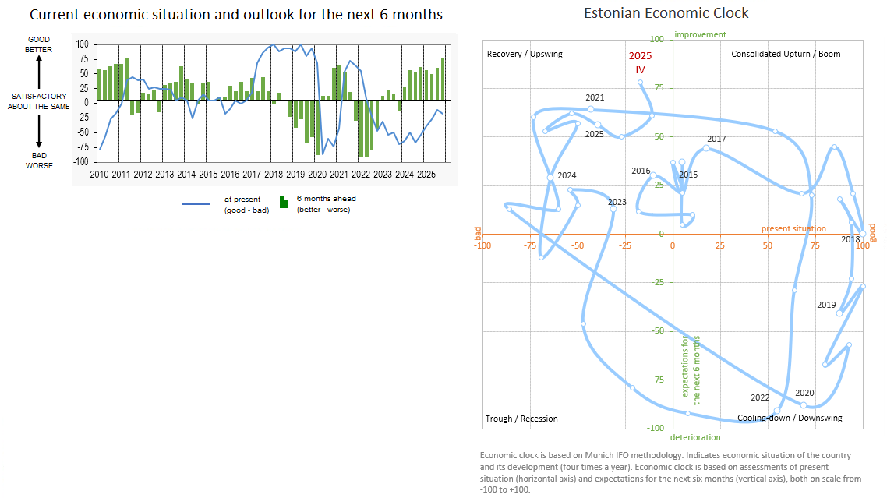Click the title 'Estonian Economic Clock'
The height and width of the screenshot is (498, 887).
[666, 13]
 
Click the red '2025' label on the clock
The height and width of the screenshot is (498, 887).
[640, 56]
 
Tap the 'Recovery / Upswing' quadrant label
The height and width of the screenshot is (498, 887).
[525, 55]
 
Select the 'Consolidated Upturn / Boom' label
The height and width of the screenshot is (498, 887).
[786, 55]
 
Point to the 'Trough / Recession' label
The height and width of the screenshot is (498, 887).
[521, 419]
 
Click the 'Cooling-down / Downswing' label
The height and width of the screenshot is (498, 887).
[790, 419]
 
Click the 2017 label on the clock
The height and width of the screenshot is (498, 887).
[716, 139]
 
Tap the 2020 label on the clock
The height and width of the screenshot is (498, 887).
[804, 393]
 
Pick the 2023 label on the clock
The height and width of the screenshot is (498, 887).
[617, 202]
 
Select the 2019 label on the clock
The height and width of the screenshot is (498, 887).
[826, 305]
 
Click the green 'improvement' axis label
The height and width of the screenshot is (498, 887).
[700, 34]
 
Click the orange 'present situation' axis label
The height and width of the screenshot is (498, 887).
[793, 228]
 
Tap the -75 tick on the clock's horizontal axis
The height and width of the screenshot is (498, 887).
[530, 245]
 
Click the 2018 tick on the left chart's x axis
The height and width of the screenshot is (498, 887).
[274, 174]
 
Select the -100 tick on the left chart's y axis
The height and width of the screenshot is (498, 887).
[80, 161]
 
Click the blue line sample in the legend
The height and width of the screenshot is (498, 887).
[197, 204]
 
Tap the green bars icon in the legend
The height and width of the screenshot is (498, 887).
[284, 203]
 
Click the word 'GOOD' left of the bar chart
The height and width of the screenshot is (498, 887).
[39, 40]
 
